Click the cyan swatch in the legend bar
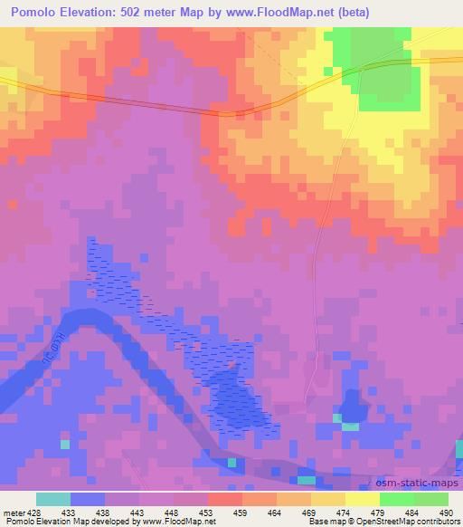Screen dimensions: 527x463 point(52,499)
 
